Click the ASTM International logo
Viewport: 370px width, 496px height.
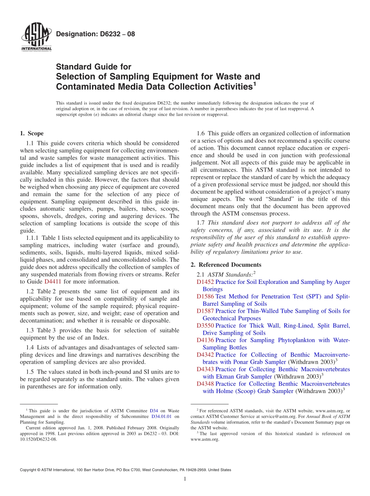tap(36, 38)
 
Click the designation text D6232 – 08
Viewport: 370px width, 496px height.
tap(95, 34)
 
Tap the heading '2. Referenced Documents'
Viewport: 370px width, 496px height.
tap(226, 265)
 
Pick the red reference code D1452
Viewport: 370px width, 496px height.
tap(205, 282)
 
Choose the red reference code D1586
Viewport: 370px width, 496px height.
tap(205, 296)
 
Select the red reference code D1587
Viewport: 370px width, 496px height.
tap(205, 311)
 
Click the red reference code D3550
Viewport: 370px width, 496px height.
tap(205, 326)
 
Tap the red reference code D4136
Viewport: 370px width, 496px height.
tap(205, 340)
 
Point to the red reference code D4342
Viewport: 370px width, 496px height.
tap(205, 355)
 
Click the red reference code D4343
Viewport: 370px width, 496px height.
tap(205, 369)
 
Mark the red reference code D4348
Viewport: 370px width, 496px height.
tap(205, 384)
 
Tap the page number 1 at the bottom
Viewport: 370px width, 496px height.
tap(185, 479)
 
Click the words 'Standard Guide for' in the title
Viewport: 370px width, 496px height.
tap(93, 67)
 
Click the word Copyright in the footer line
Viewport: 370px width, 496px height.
tap(29, 470)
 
